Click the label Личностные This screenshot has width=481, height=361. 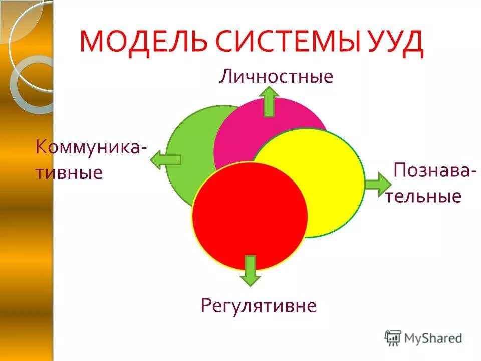[x=276, y=77]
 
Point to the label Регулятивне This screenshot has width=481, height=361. [x=259, y=305]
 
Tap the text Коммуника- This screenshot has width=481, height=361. [x=91, y=147]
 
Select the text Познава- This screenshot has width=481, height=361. [x=434, y=170]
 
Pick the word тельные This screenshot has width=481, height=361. [x=423, y=196]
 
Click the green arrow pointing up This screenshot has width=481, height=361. [x=270, y=101]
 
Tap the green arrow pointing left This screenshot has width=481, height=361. [x=165, y=160]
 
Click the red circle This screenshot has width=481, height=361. [x=250, y=216]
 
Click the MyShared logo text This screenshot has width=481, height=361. [x=433, y=338]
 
